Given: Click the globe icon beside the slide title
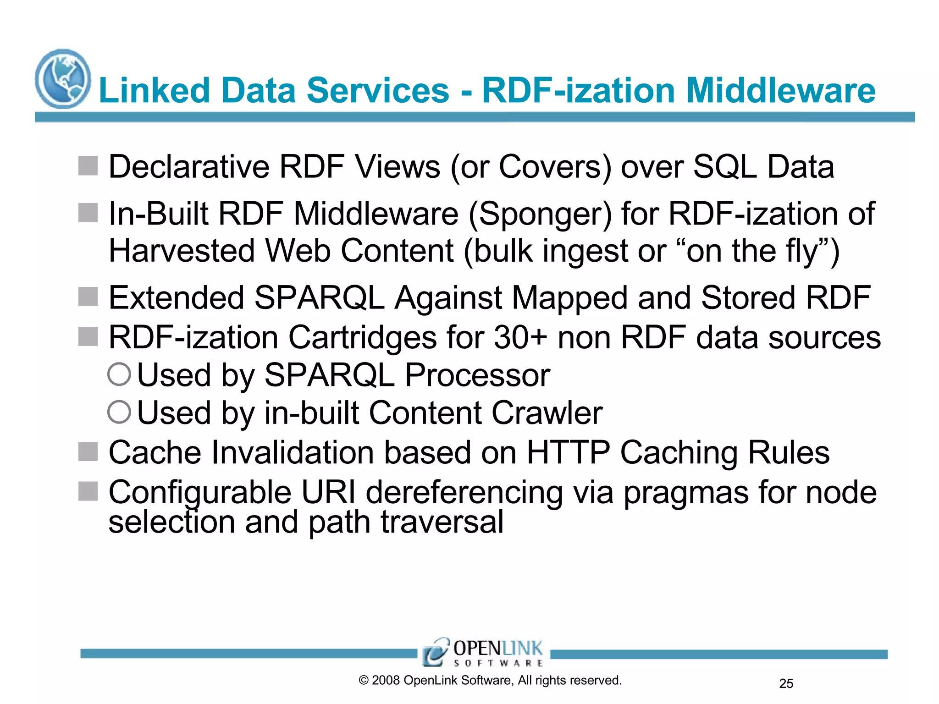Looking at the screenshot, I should point(63,79).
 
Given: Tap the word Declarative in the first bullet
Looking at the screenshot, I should point(189,166).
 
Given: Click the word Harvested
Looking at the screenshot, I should point(182,251).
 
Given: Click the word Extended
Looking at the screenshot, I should point(176,298).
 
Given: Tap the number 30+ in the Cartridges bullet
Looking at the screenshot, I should point(520,337).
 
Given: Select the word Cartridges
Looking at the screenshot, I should point(363,338).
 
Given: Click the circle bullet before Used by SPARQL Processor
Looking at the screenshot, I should point(119,374).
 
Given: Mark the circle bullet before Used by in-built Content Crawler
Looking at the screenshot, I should point(119,412).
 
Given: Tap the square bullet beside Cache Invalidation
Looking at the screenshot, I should point(88,452).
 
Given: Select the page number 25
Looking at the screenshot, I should point(786,684).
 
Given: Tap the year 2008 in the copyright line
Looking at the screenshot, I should point(386,681).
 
